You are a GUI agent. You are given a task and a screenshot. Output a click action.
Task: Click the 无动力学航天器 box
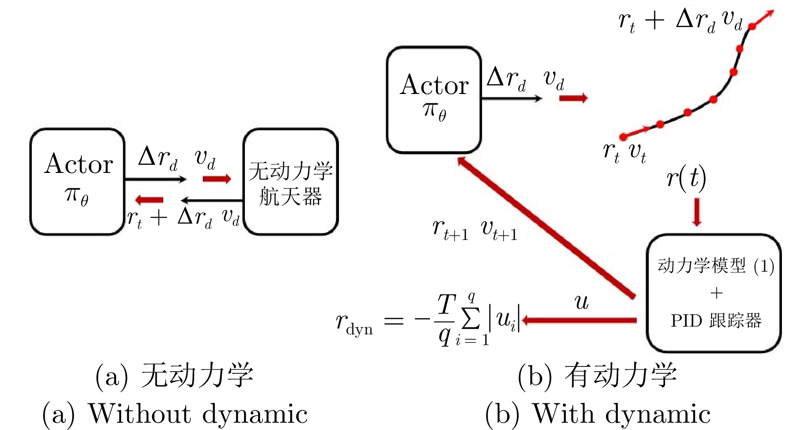[291, 182]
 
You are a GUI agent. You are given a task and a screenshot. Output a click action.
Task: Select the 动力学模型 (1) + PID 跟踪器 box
[714, 293]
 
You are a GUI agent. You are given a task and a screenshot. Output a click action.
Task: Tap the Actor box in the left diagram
[78, 182]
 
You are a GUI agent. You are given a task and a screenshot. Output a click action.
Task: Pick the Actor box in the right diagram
[434, 100]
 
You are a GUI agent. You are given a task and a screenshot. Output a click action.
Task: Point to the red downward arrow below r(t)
[697, 212]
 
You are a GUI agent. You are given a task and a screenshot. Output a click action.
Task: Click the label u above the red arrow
[582, 302]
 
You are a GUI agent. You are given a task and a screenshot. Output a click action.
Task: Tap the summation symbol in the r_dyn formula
[471, 318]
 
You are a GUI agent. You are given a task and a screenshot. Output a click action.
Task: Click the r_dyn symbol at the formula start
[354, 323]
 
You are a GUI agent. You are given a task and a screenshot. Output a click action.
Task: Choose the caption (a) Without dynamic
[175, 414]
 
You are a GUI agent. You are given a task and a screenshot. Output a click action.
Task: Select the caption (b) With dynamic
[598, 414]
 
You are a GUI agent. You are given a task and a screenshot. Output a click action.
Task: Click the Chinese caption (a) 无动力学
[174, 375]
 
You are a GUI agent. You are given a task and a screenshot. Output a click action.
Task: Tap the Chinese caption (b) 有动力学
[598, 375]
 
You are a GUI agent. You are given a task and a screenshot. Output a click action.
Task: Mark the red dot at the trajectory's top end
[752, 27]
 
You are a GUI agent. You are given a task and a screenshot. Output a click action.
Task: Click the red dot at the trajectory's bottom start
[623, 137]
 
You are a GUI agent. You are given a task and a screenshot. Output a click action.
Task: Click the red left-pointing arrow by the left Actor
[149, 200]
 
